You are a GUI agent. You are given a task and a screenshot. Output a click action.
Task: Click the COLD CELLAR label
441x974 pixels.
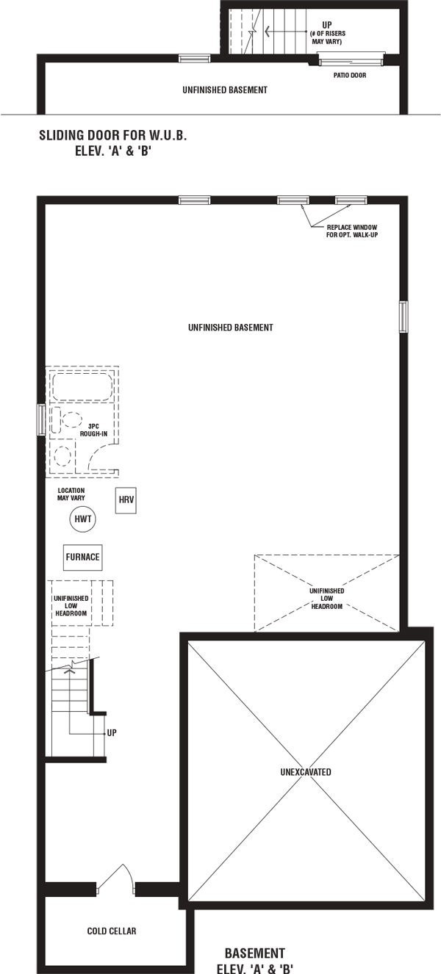112,931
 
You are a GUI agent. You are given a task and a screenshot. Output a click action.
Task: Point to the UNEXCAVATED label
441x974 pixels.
306,772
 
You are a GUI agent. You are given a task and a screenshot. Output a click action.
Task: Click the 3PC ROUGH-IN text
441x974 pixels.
93,430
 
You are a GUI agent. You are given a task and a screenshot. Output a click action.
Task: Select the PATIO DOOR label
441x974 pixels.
350,75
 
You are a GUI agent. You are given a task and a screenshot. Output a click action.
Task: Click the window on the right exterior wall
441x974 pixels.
404,317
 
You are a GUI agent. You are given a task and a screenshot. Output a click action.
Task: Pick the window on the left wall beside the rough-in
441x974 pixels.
41,419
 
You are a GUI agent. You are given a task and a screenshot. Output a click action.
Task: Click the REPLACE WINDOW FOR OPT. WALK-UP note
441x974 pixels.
352,231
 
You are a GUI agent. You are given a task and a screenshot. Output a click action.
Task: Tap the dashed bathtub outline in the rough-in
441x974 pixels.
82,386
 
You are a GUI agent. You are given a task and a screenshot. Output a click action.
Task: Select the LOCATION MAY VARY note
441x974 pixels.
71,494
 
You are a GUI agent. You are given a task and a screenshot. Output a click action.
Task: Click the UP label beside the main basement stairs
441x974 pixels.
111,733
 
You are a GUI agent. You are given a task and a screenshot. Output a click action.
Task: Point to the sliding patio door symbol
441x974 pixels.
351,59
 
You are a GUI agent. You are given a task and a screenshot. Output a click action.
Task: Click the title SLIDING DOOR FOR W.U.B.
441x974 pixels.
112,135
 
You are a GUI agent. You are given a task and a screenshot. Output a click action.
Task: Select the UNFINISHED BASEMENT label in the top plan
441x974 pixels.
225,90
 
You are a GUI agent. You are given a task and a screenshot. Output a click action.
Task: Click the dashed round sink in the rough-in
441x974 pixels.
63,456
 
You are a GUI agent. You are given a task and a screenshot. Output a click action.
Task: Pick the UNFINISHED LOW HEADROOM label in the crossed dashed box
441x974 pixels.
326,599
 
